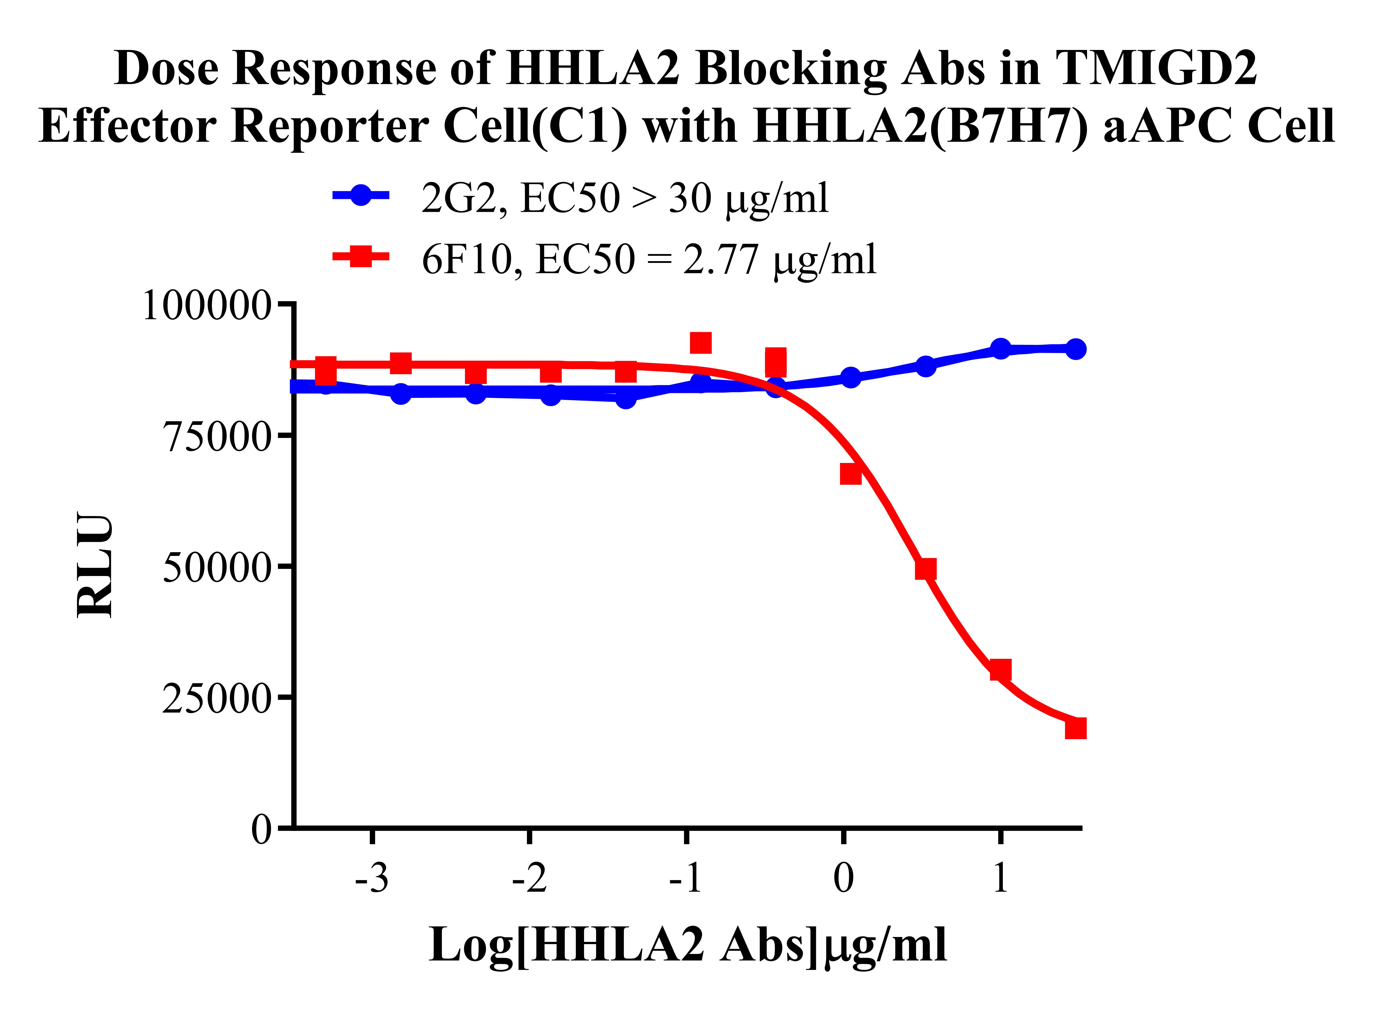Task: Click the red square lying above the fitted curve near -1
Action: tap(700, 343)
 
